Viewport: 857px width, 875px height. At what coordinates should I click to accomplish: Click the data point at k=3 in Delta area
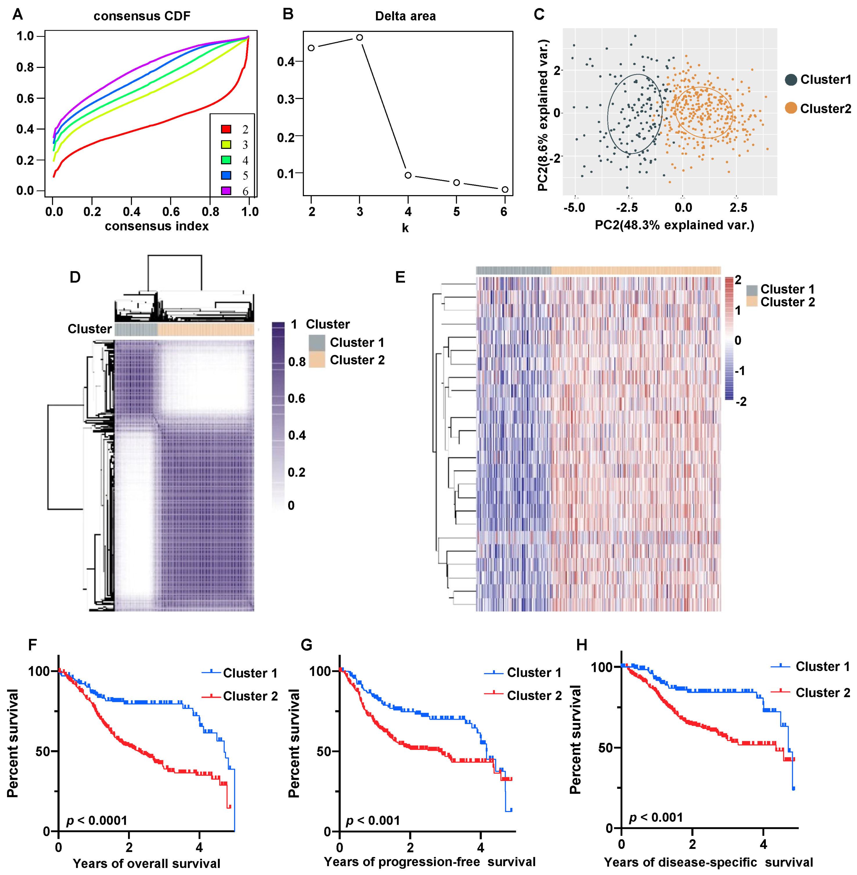point(359,37)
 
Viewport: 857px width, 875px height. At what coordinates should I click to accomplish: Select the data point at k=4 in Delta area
point(408,175)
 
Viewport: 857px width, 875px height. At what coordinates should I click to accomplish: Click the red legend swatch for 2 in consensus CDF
point(226,129)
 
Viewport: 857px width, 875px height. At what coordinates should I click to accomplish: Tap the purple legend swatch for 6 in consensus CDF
point(226,191)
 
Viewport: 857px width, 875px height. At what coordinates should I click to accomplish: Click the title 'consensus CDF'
point(142,16)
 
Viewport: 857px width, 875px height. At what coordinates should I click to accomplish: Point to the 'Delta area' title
point(405,16)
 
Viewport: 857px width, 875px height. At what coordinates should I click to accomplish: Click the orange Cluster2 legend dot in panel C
point(791,108)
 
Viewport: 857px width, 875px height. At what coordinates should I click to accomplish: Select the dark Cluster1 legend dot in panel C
point(791,80)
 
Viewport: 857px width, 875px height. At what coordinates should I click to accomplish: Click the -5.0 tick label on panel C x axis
point(574,208)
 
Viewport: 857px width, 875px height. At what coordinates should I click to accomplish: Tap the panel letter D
point(75,277)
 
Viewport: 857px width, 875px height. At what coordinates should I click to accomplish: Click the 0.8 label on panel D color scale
point(297,362)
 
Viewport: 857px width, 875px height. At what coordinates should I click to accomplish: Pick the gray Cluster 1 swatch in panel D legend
point(317,343)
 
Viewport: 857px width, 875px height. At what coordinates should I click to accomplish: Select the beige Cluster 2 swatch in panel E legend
point(752,302)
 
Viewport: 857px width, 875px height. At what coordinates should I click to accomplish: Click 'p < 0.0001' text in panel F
point(97,820)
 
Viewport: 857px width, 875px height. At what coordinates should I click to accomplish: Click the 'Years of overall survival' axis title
point(146,863)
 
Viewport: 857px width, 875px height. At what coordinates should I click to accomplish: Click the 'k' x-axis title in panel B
point(405,228)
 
